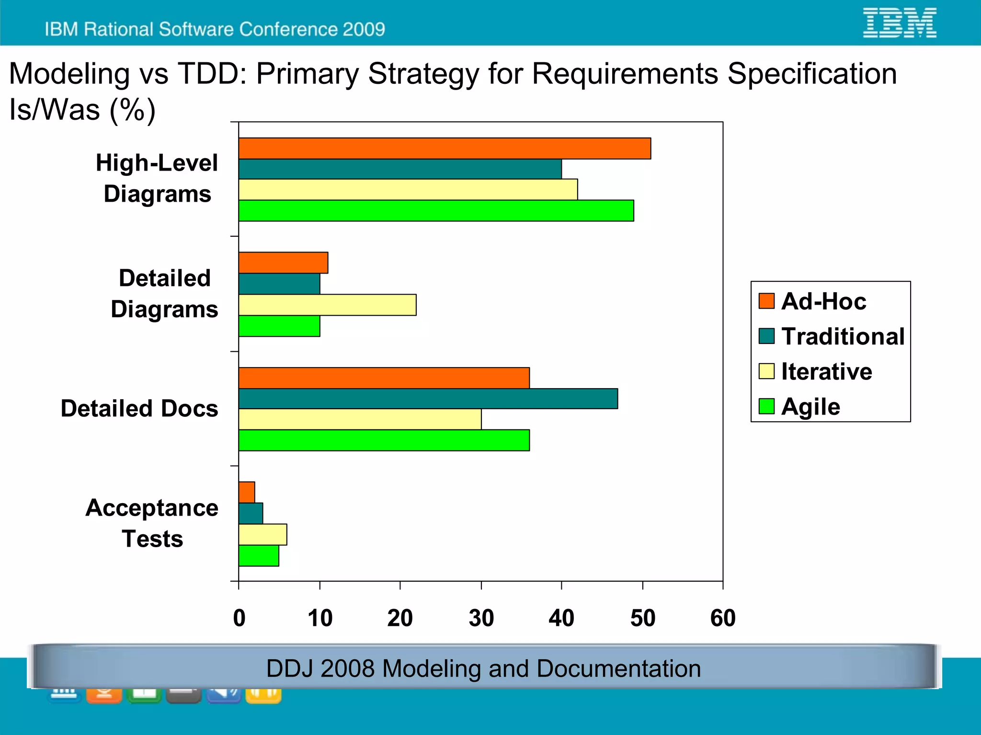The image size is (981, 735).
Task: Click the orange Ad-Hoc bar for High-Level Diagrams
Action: (445, 149)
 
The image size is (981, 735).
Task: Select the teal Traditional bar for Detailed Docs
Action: (428, 399)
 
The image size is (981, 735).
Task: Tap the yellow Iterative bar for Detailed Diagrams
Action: (327, 305)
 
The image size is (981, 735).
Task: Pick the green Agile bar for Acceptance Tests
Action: (259, 556)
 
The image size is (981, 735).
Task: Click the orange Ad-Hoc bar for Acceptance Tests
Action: (247, 493)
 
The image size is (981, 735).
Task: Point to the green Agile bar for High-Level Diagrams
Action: (436, 211)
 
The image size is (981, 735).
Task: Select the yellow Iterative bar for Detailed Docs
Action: (360, 419)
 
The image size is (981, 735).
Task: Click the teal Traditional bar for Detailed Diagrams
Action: (279, 284)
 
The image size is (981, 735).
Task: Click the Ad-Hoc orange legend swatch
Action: (766, 301)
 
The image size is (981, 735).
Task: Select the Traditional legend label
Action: (843, 336)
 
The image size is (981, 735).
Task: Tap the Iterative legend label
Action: (827, 371)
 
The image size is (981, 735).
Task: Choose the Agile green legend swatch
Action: (766, 406)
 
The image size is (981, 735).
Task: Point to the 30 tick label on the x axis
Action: (481, 618)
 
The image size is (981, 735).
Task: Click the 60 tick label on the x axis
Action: (723, 618)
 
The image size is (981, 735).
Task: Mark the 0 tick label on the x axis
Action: (239, 618)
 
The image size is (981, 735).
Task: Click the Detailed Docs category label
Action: (139, 409)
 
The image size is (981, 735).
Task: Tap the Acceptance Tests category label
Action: (152, 523)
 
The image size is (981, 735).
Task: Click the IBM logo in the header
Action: (900, 23)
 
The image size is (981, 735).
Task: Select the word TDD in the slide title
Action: (211, 74)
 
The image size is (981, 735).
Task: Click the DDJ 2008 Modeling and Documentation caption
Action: (483, 668)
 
